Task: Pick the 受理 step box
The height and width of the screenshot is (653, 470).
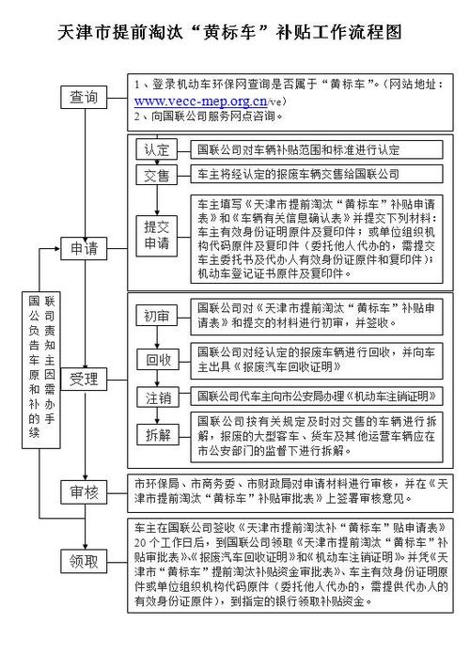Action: coord(83,380)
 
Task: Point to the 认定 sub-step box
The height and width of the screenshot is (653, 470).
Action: coord(156,150)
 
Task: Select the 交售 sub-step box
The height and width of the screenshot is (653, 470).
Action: coord(156,176)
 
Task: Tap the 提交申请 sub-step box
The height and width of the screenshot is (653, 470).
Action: coord(156,235)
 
